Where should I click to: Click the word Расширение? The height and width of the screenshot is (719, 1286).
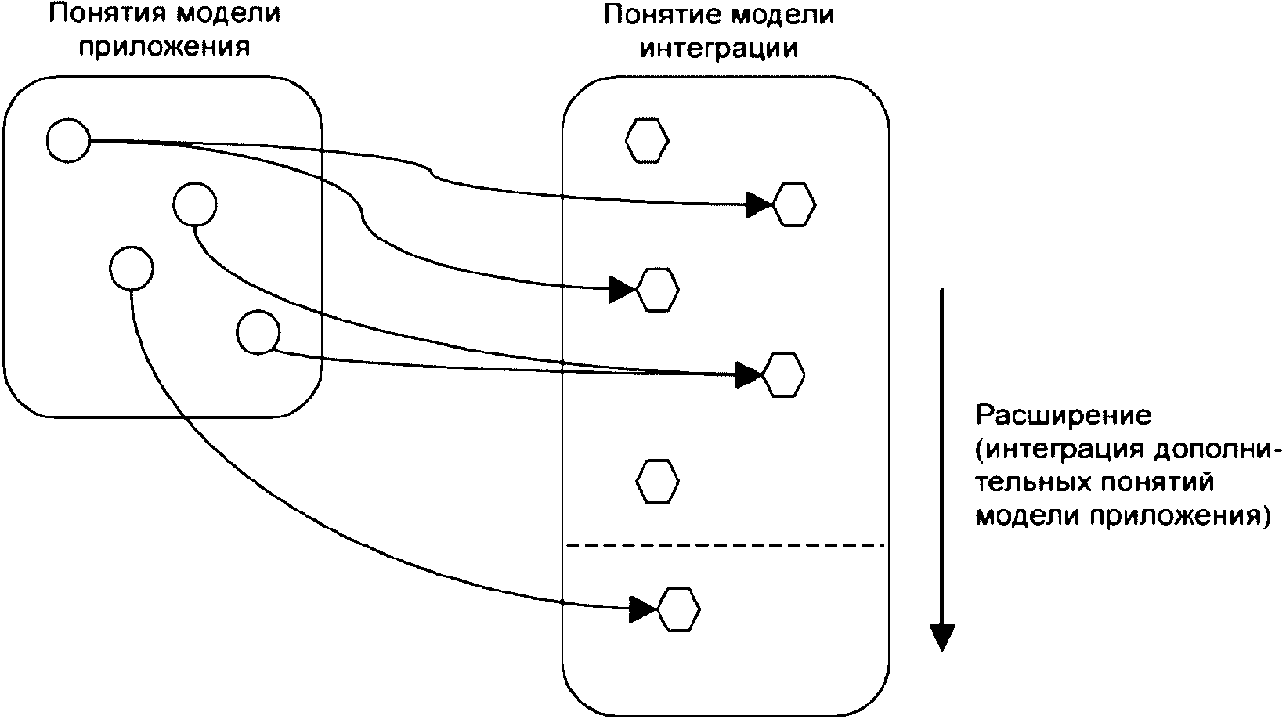pos(1064,415)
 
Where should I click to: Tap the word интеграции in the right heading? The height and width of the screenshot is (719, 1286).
pos(719,49)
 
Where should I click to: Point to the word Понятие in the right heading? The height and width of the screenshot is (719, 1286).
pos(663,14)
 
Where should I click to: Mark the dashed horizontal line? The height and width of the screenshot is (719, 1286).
pos(725,544)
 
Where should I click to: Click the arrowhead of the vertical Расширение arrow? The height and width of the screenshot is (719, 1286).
pos(942,638)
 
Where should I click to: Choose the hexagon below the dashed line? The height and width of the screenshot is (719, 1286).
pos(678,609)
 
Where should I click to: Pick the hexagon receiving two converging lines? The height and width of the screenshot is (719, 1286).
pos(782,375)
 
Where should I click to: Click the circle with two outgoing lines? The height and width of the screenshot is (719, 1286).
pos(68,141)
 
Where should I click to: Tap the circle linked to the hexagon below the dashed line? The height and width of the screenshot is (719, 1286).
pos(132,269)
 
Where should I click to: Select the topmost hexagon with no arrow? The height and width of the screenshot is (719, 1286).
pos(647,141)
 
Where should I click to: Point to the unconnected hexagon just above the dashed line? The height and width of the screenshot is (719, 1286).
pos(657,481)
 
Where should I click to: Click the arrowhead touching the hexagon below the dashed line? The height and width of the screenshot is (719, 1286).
pos(643,609)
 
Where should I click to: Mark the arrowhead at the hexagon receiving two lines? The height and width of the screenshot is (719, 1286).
pos(748,375)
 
